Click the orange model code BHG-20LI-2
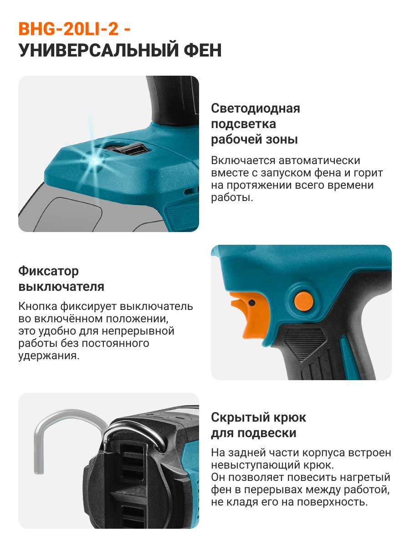pyautogui.click(x=68, y=29)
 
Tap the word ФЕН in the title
pyautogui.click(x=203, y=50)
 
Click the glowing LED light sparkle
pyautogui.click(x=94, y=159)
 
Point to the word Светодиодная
pyautogui.click(x=256, y=108)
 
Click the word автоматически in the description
pyautogui.click(x=319, y=160)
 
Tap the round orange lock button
pyautogui.click(x=303, y=301)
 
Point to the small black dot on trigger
pyautogui.click(x=252, y=303)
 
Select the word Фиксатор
pyautogui.click(x=49, y=271)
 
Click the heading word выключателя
pyautogui.click(x=61, y=287)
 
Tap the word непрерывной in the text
pyautogui.click(x=138, y=331)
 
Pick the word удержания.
pyautogui.click(x=49, y=356)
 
